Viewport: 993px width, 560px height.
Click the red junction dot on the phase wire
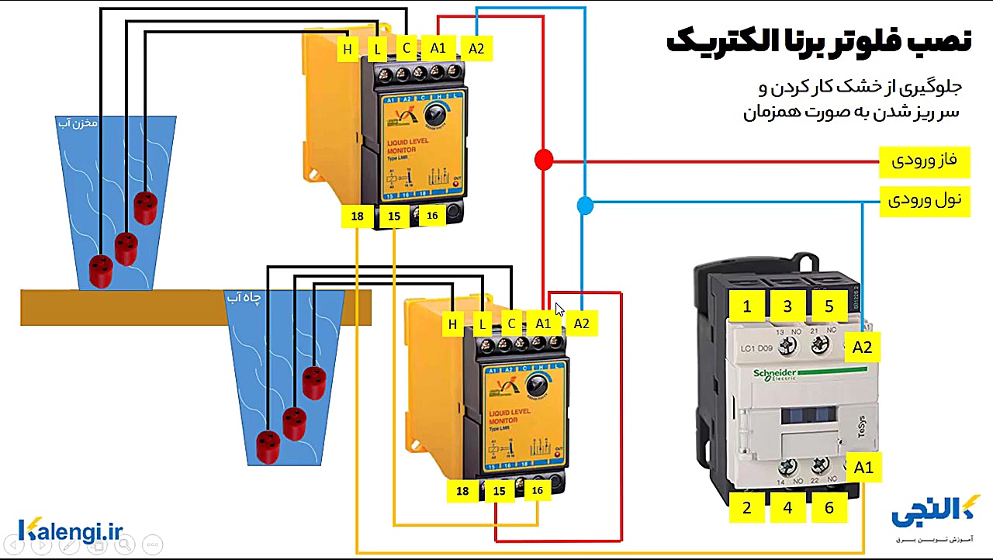pyautogui.click(x=544, y=161)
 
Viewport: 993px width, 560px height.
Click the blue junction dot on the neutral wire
pyautogui.click(x=585, y=206)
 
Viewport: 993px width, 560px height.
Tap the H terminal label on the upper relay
pyautogui.click(x=348, y=50)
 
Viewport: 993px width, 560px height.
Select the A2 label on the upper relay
pyautogui.click(x=476, y=49)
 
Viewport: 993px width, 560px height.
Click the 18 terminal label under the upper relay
pyautogui.click(x=357, y=216)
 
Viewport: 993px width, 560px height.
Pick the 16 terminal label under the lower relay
pyautogui.click(x=537, y=490)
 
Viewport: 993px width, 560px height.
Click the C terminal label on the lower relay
pyautogui.click(x=511, y=323)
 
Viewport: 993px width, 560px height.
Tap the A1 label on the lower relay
pyautogui.click(x=543, y=323)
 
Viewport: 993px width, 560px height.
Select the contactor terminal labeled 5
pyautogui.click(x=829, y=306)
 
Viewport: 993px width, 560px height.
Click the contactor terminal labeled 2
pyautogui.click(x=747, y=508)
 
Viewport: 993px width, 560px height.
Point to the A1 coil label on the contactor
pyautogui.click(x=863, y=468)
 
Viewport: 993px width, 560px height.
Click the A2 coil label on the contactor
pyautogui.click(x=862, y=347)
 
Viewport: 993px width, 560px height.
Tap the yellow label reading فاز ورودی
pyautogui.click(x=923, y=161)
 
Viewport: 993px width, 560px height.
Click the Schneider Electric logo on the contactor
pyautogui.click(x=785, y=374)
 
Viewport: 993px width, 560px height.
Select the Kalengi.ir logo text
pyautogui.click(x=71, y=531)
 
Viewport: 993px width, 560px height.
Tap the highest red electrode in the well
pyautogui.click(x=313, y=382)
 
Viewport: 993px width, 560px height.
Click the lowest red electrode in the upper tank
pyautogui.click(x=101, y=271)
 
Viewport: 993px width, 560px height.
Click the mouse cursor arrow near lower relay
pyautogui.click(x=559, y=309)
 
